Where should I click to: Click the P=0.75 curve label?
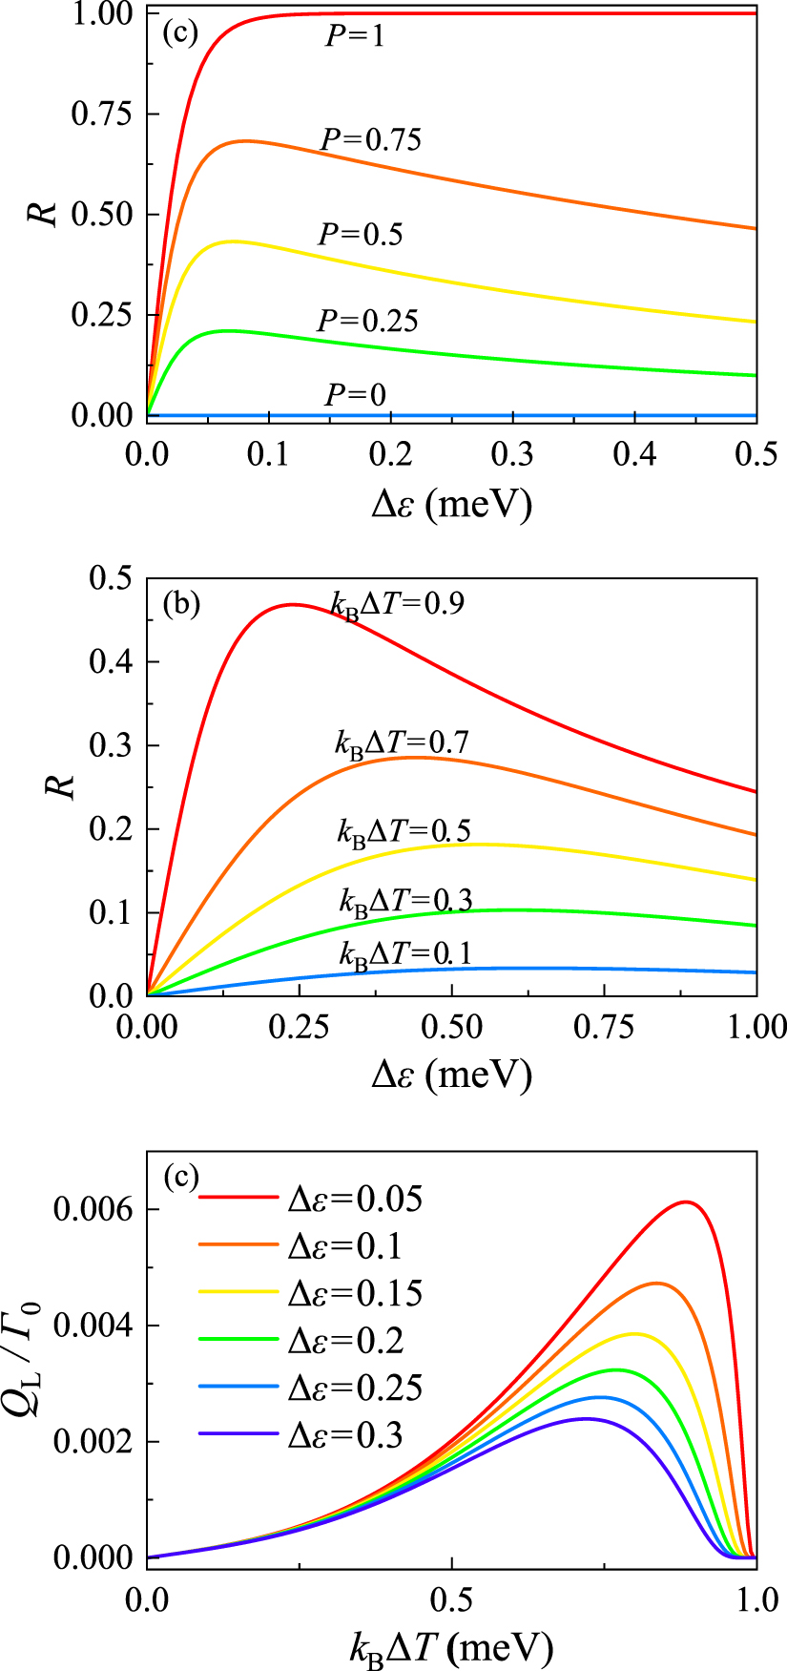370,140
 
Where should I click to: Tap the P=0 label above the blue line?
355,394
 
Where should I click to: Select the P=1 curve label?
355,37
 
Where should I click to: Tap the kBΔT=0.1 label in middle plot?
404,952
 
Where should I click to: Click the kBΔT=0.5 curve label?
404,830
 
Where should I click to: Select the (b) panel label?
181,604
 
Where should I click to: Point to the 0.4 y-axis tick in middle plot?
113,662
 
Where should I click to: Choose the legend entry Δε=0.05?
355,1199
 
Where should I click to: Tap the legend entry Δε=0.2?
345,1341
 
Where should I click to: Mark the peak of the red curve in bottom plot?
685,1201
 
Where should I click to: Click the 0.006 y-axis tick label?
94,1210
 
